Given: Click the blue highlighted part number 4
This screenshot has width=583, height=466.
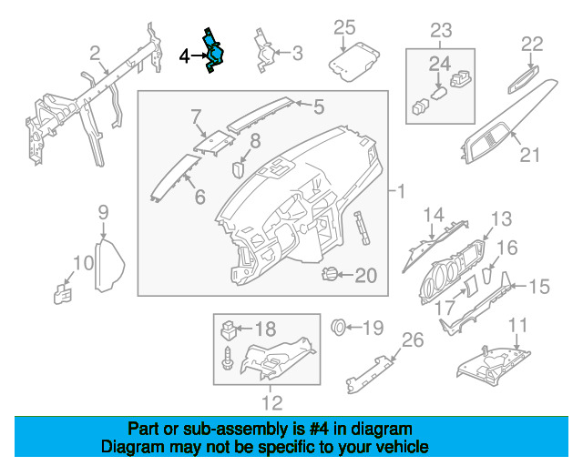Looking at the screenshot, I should click(x=217, y=56).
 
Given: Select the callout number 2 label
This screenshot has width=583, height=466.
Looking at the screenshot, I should click(x=95, y=54).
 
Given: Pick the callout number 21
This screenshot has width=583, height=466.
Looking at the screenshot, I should click(x=529, y=155).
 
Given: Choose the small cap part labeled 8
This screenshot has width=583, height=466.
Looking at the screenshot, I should click(x=240, y=167).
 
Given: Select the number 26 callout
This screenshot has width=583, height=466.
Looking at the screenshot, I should click(x=413, y=340).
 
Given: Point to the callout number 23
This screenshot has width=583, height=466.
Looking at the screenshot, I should click(x=440, y=30).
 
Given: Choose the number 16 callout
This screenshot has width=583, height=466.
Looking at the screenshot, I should click(x=506, y=247).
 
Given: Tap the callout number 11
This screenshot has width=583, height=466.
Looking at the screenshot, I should click(x=517, y=324).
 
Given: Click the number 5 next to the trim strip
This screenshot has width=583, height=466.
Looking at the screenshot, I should click(x=318, y=107).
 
